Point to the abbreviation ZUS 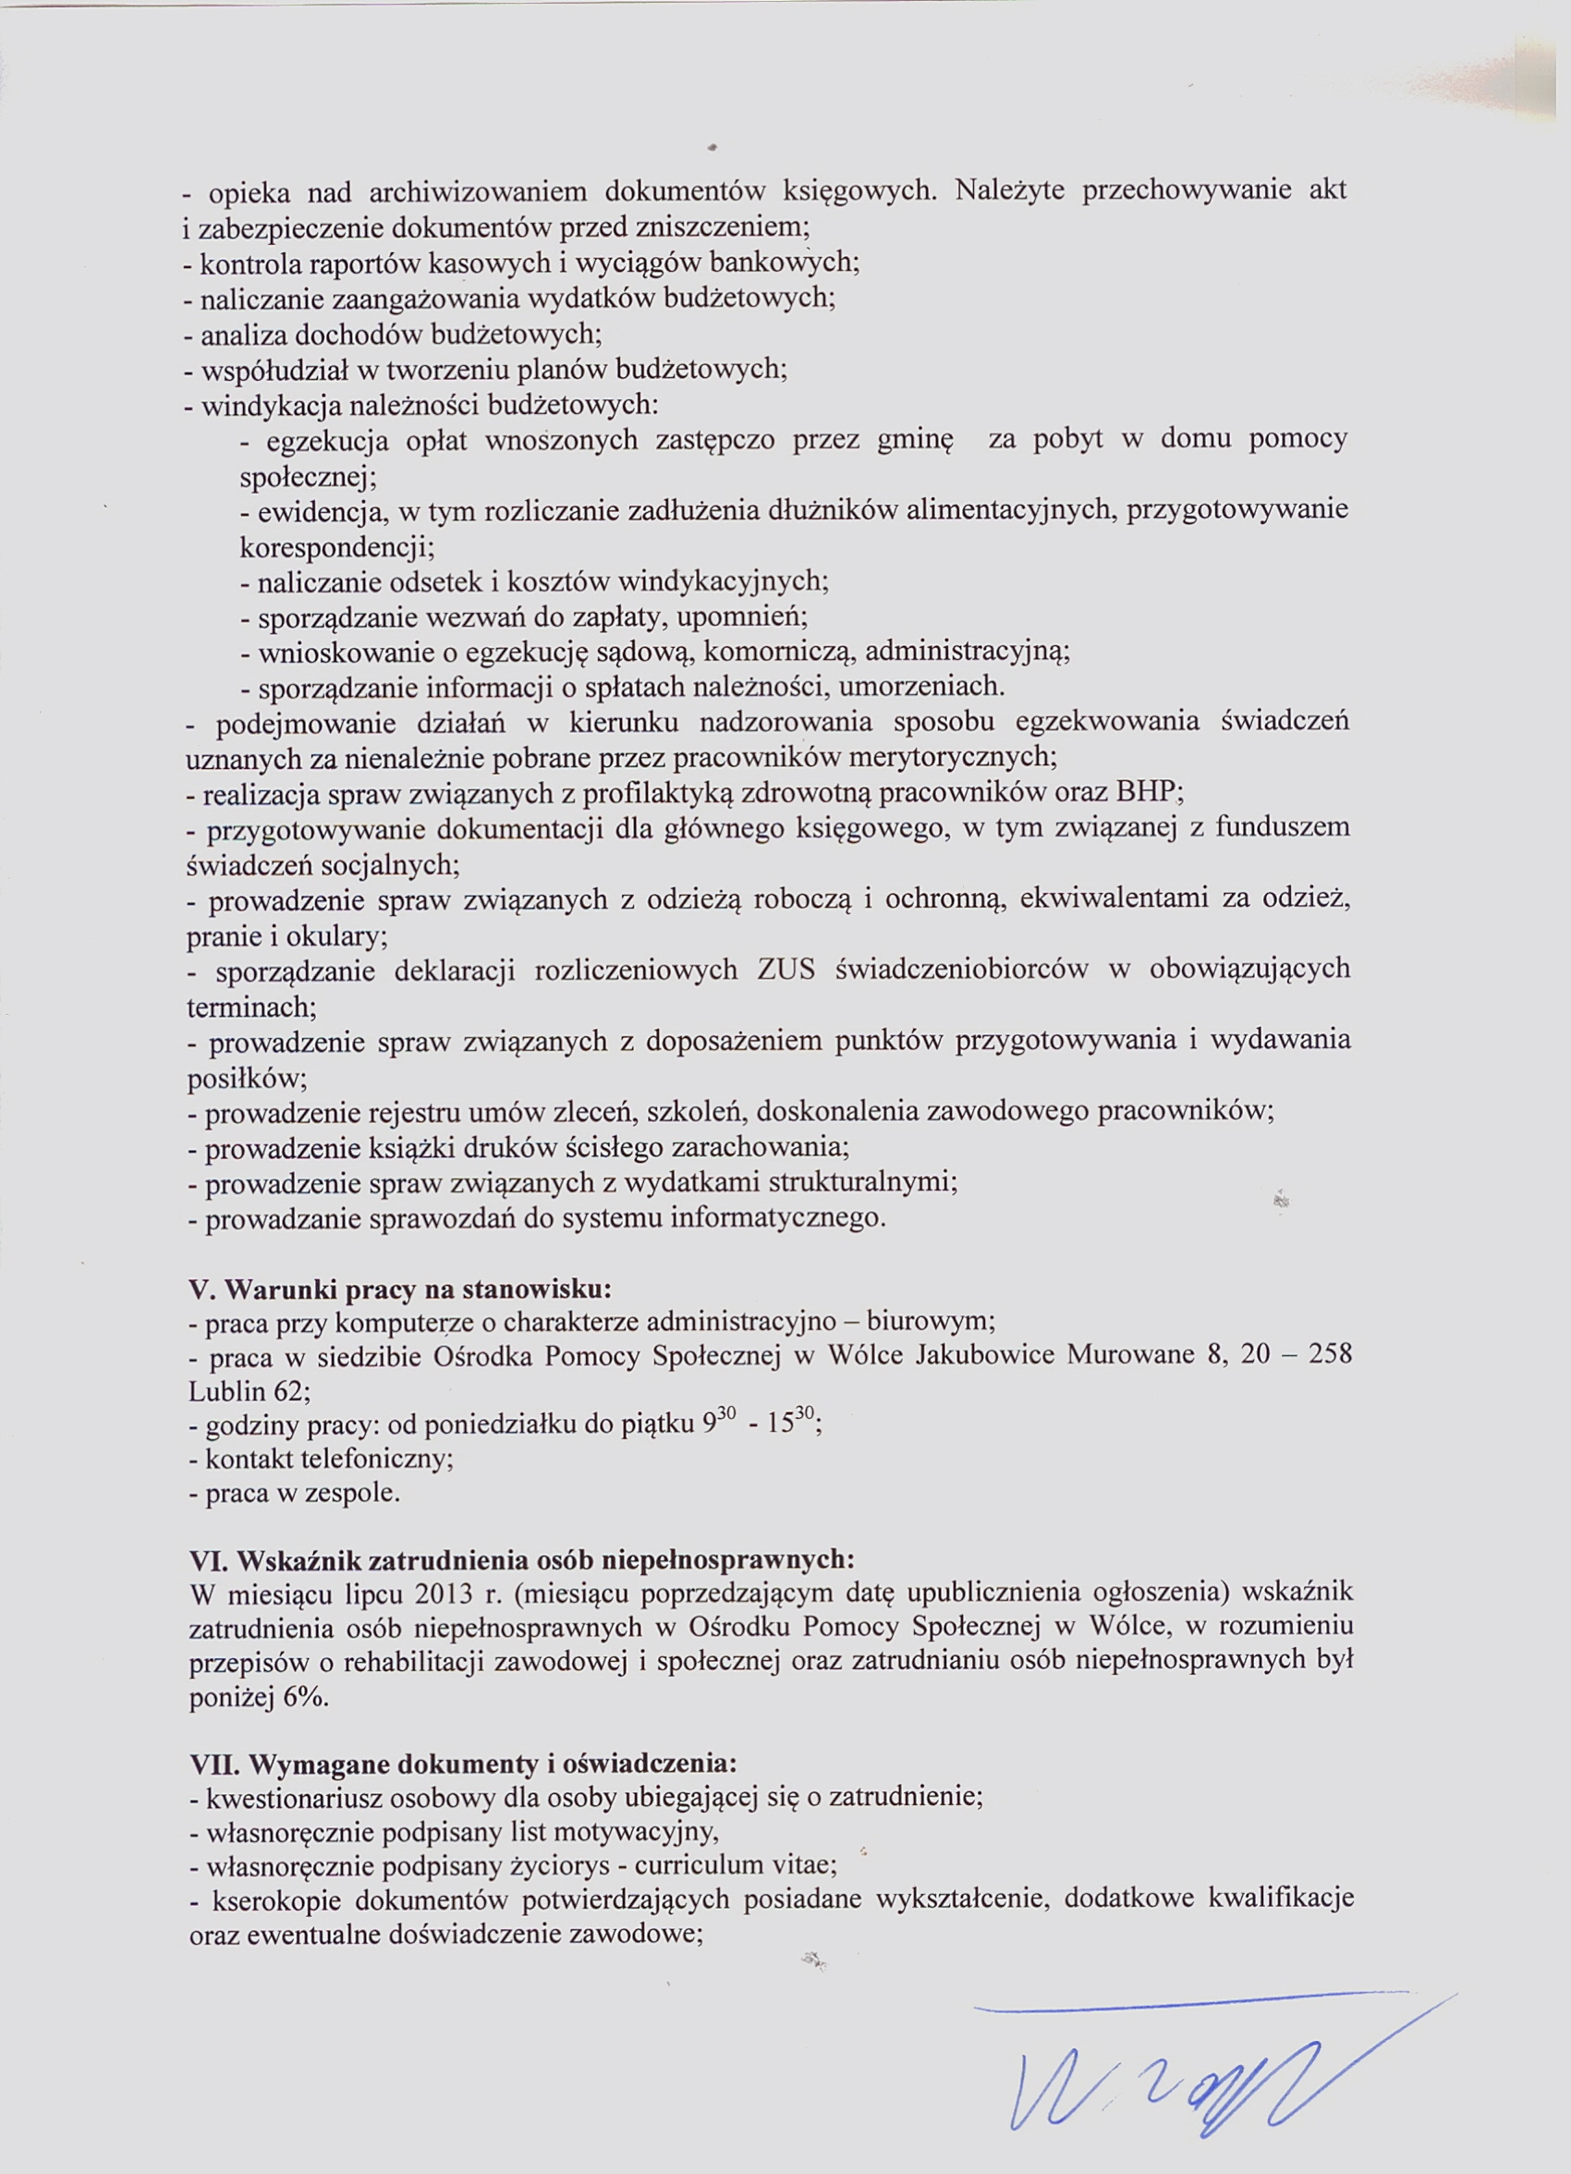click(786, 970)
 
